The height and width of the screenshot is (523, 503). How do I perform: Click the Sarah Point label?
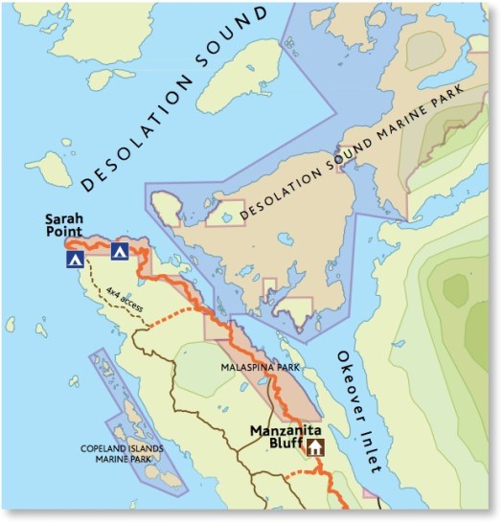(x=66, y=225)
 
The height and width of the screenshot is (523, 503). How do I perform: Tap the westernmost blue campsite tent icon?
(x=74, y=259)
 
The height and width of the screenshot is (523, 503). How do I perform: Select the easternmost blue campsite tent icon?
(x=119, y=252)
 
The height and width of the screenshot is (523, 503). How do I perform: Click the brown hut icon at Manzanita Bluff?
(x=314, y=447)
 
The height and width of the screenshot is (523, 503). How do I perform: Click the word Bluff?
(x=279, y=446)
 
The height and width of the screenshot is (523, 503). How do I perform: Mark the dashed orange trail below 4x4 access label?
(x=172, y=317)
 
